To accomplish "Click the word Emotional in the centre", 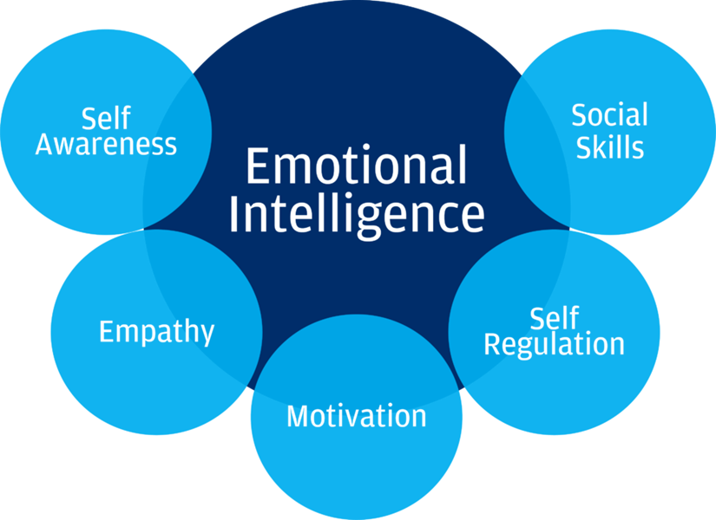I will coord(356,166).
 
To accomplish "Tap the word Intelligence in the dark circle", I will coord(356,214).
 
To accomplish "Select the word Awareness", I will coord(106,144).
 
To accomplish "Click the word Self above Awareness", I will coord(106,118).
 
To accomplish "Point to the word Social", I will coord(609,115).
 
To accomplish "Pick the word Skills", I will coord(610,146).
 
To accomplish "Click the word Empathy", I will coord(156,331).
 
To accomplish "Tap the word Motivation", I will coord(356,416).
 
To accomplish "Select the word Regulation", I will coord(554,344).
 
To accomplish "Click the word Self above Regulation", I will coord(554,317).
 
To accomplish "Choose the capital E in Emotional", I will coord(257,166).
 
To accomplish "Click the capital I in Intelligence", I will coord(233,214).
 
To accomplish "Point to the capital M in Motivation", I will coord(299,416).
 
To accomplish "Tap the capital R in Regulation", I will coord(492,344).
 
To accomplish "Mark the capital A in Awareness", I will coord(45,144).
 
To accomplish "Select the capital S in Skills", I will coord(584,146).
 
